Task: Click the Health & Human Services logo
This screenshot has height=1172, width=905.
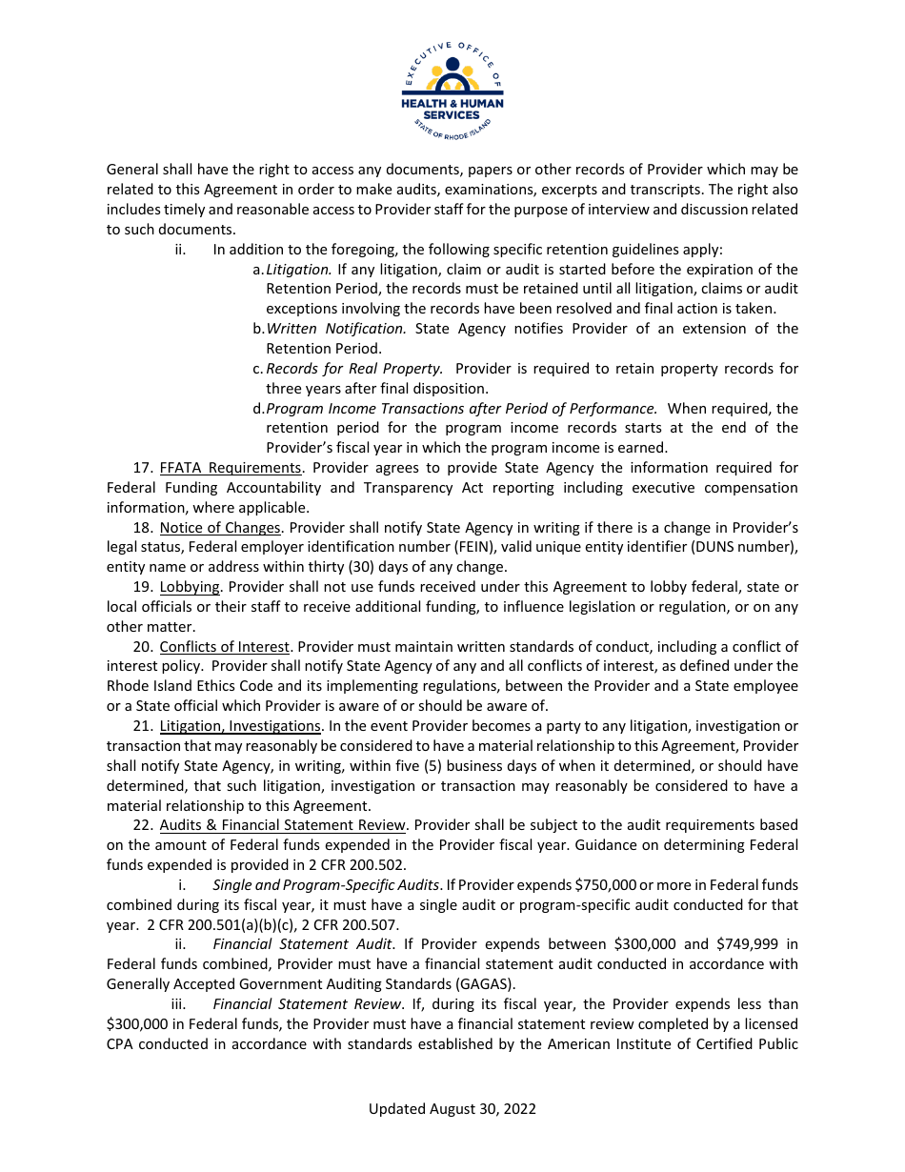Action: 452,87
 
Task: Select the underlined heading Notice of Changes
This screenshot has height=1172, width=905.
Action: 219,528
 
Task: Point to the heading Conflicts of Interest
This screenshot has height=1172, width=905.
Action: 224,647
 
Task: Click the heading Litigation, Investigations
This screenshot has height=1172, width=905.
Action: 240,726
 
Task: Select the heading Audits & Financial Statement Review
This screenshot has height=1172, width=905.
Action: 283,825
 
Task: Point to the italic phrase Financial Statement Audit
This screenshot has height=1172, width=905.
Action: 302,944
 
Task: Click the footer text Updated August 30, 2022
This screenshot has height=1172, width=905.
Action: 452,1109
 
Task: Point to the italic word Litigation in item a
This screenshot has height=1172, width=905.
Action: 299,270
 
